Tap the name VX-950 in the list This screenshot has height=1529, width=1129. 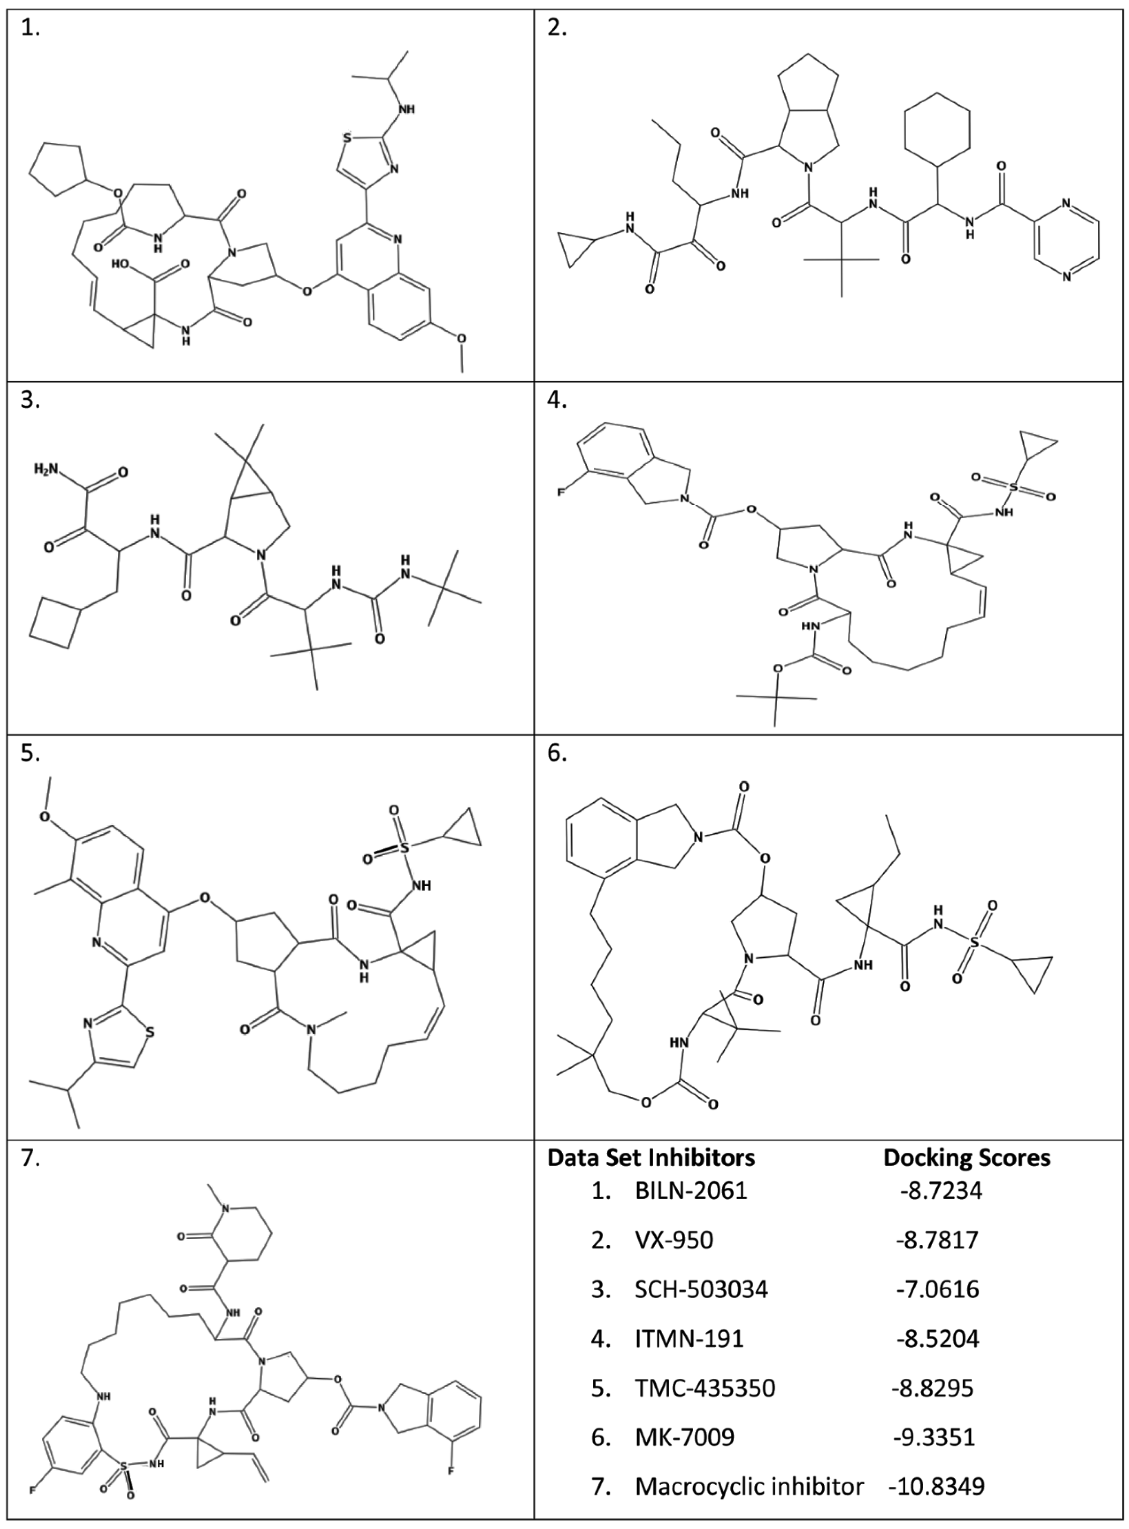click(x=674, y=1240)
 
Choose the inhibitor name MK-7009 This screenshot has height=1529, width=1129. click(x=685, y=1437)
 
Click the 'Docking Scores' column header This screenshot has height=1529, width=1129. click(x=967, y=1157)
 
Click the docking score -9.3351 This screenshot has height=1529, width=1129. click(x=933, y=1437)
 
